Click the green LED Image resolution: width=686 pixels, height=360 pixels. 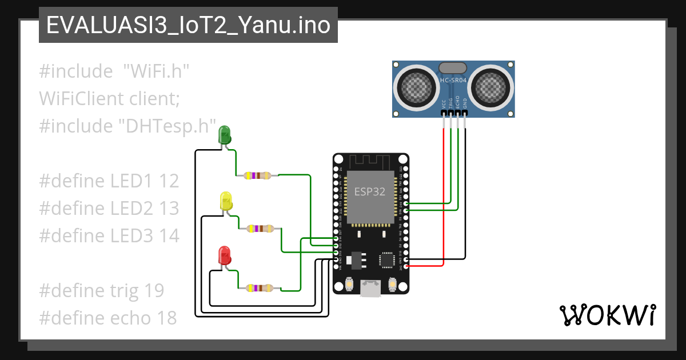(225, 135)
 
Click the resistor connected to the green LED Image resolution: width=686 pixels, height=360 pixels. (257, 175)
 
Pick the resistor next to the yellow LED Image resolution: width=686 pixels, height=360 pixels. (260, 229)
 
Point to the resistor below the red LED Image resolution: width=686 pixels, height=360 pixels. (259, 289)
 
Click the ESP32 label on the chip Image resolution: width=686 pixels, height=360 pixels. (370, 192)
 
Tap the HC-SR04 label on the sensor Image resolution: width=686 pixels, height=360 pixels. (453, 81)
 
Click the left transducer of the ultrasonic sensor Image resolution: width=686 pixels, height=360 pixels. (416, 86)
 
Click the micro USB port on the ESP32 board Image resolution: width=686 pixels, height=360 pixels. (370, 289)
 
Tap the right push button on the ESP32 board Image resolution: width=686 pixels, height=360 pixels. (392, 283)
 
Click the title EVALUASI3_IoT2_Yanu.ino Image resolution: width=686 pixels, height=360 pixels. (188, 26)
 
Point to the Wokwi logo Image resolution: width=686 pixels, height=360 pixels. (607, 315)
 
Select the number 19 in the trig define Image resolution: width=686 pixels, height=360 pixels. (154, 290)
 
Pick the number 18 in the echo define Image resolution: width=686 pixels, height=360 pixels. (166, 318)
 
